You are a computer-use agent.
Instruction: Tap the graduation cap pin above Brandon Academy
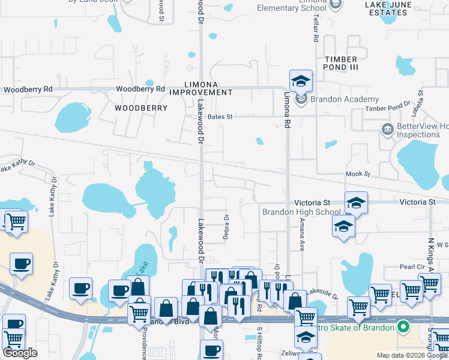click(x=301, y=82)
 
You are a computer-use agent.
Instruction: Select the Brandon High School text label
click(x=301, y=212)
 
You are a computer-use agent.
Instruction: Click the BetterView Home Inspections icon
click(x=387, y=128)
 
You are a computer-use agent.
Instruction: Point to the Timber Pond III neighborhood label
click(x=341, y=63)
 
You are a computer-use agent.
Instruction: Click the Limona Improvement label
click(x=200, y=88)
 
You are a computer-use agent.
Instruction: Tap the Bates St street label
click(x=220, y=117)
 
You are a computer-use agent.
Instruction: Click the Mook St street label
click(x=358, y=174)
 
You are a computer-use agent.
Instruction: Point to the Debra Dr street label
click(x=226, y=227)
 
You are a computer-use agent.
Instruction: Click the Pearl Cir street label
click(x=412, y=266)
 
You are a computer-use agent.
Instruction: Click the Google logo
click(x=20, y=353)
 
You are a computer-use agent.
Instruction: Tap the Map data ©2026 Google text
click(x=411, y=355)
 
